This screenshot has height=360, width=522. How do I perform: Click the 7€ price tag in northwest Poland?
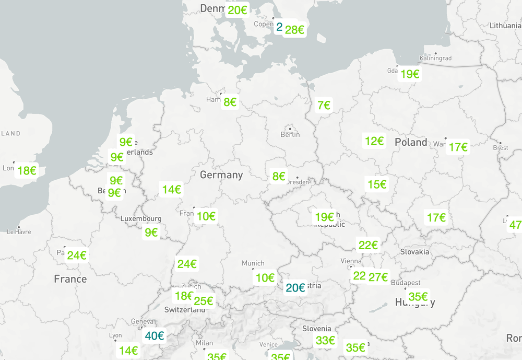[x=324, y=106]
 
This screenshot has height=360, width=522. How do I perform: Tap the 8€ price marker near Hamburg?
[x=230, y=102]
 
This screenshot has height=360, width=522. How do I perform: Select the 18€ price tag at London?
[x=27, y=170]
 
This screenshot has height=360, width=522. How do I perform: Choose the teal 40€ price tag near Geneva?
[x=155, y=336]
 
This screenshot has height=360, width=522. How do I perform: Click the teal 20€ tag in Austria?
[x=295, y=287]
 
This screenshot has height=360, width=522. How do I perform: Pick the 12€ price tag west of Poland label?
[x=374, y=141]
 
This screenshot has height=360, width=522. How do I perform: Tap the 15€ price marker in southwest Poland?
[x=377, y=184]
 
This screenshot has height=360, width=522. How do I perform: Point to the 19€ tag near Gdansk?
[x=410, y=74]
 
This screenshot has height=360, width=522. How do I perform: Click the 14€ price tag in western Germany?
[x=171, y=190]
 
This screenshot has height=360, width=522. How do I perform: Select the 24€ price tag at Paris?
[x=76, y=256]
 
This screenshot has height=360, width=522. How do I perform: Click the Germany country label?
[x=221, y=175]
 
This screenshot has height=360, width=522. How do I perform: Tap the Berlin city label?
[x=290, y=135]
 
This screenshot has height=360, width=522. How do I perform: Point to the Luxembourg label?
[x=141, y=218]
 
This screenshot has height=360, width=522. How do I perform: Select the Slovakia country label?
[x=415, y=252]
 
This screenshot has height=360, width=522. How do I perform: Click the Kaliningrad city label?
[x=436, y=59]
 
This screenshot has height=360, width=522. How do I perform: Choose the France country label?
[x=70, y=279]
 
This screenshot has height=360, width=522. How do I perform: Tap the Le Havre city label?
[x=19, y=232]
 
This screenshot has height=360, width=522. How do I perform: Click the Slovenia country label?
[x=317, y=329]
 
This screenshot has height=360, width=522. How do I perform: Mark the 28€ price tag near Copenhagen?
[x=294, y=30]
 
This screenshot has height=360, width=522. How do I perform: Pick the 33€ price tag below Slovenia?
[x=325, y=341]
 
